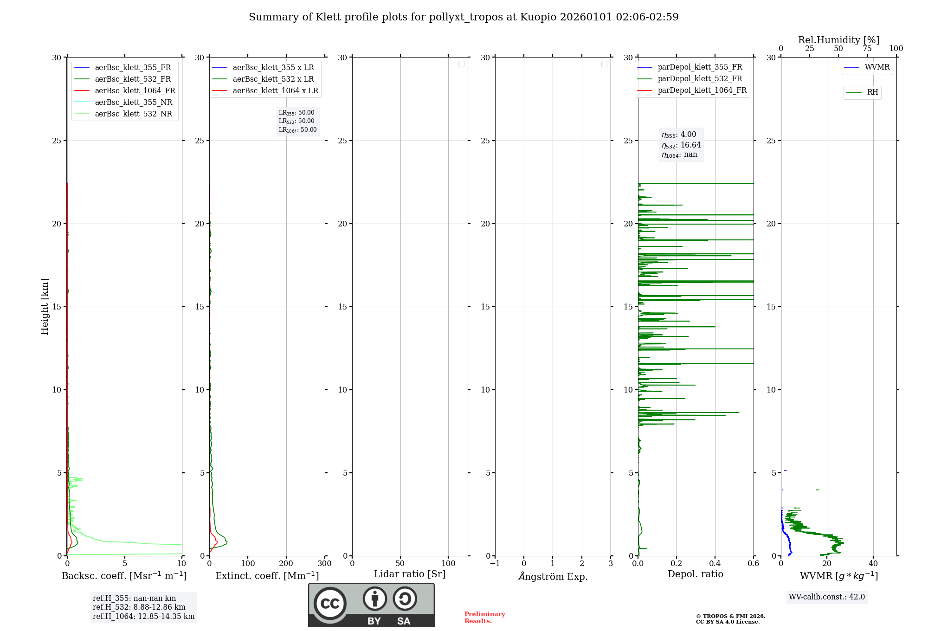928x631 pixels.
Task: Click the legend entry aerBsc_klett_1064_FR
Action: tap(135, 91)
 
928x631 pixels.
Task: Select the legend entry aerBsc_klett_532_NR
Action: tap(133, 114)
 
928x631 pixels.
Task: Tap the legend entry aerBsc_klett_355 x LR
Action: tap(273, 68)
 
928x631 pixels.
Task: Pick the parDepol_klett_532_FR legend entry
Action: tap(699, 79)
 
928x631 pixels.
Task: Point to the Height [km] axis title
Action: tap(45, 307)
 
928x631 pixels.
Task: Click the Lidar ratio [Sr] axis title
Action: tap(409, 574)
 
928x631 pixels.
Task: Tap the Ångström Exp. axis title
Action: tap(553, 577)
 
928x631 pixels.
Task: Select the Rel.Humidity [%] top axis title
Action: tap(838, 40)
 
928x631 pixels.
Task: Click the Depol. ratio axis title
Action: tap(695, 574)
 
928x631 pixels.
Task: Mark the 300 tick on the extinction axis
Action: tap(324, 564)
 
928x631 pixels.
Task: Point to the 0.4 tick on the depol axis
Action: tap(715, 564)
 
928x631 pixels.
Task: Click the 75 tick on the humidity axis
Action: tap(867, 49)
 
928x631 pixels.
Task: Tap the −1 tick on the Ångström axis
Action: tap(495, 564)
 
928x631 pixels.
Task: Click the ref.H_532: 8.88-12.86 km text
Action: tap(139, 607)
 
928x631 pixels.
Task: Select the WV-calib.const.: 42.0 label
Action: tap(826, 597)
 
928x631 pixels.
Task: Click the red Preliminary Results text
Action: tap(484, 618)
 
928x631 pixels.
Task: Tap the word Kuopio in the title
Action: tap(538, 17)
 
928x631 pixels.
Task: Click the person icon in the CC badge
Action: tap(374, 599)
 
